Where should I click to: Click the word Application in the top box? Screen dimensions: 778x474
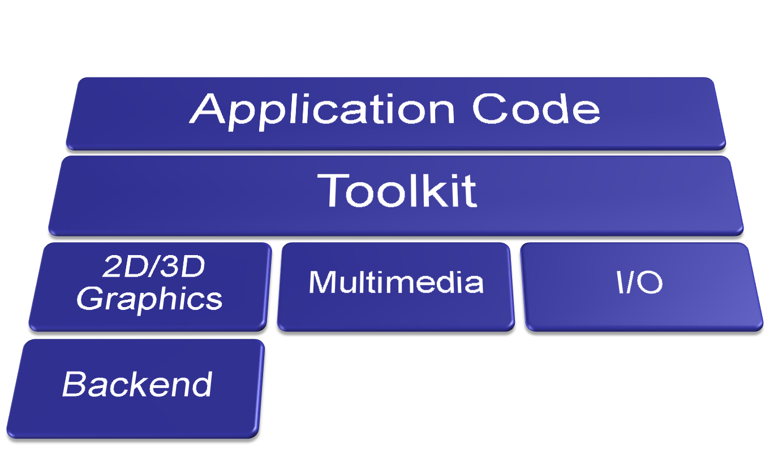322,111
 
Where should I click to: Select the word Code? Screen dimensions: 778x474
536,109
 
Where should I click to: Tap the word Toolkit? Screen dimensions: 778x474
397,191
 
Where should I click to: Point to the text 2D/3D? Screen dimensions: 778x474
153,266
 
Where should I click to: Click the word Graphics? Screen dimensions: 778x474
149,299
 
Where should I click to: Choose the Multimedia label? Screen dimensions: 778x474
396,282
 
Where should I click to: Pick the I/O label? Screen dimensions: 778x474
639,282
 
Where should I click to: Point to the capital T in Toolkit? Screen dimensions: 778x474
333,190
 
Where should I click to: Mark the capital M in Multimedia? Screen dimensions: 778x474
323,282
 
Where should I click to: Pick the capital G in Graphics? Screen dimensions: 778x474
89,298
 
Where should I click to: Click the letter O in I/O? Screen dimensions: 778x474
650,282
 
